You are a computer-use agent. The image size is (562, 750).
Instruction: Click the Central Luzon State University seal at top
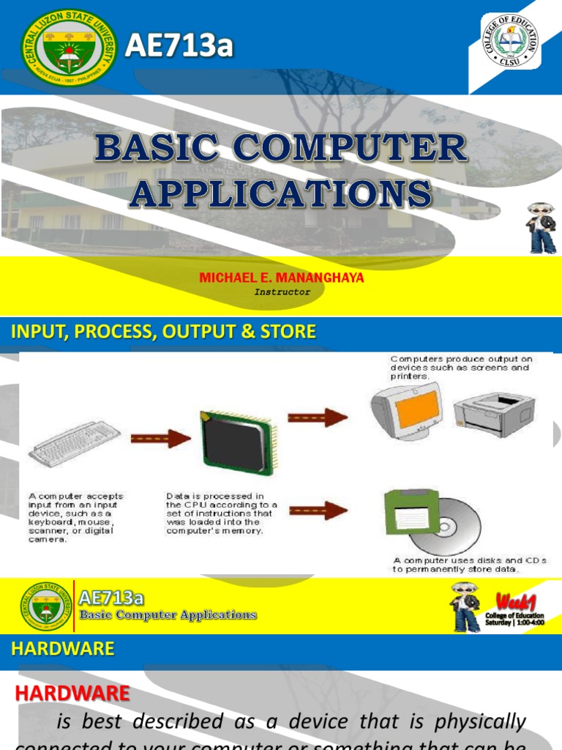(x=70, y=47)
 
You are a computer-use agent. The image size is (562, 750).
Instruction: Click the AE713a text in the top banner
(x=179, y=45)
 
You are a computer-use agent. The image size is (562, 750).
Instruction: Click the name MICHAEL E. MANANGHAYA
(x=281, y=278)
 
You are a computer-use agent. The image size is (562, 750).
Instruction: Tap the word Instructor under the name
(x=282, y=292)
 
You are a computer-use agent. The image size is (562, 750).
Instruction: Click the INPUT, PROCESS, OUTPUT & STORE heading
(x=163, y=332)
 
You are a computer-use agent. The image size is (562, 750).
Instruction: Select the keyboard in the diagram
(x=75, y=444)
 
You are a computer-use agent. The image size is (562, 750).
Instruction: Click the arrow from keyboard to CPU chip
(x=160, y=439)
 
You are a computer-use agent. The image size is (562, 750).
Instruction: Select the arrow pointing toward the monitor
(x=317, y=417)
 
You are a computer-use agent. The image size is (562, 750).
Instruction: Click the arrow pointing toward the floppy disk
(x=318, y=510)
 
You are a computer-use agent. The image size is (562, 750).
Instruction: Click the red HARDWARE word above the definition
(x=72, y=693)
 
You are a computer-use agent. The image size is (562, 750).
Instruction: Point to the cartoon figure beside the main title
(x=542, y=229)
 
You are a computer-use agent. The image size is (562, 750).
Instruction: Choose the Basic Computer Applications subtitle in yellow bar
(x=168, y=615)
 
